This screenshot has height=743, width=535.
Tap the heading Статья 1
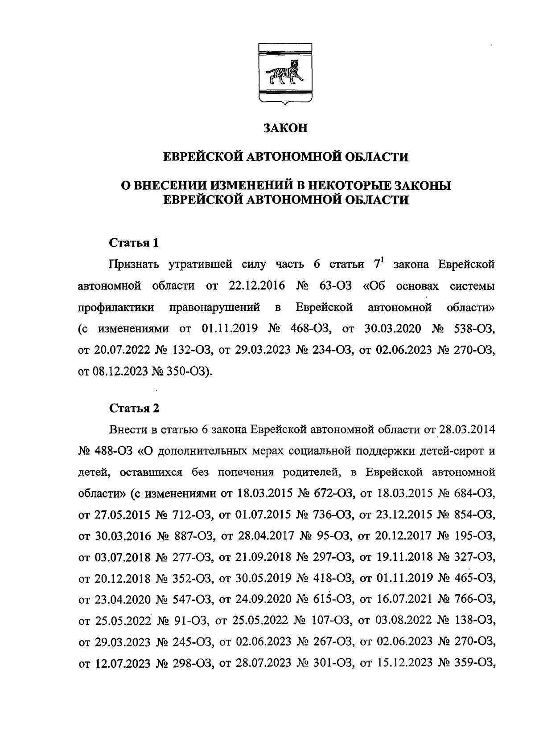coord(134,243)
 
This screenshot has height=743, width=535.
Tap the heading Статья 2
coord(134,408)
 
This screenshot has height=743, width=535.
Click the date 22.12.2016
coord(257,286)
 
